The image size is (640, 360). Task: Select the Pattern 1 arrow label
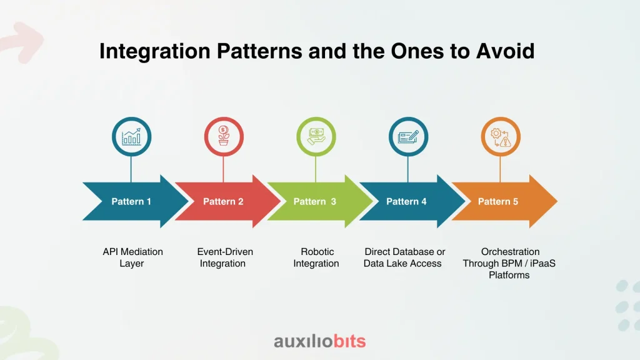[x=131, y=201]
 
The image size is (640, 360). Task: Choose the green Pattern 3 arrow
[x=315, y=201]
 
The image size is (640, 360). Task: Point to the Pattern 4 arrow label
[x=407, y=201]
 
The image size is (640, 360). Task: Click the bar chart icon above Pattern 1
[x=131, y=137]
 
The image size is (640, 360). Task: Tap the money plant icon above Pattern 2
[x=224, y=137]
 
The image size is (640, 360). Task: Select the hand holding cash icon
[x=316, y=137]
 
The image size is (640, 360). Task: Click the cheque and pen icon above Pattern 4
[x=408, y=137]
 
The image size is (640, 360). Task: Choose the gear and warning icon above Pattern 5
[x=500, y=137]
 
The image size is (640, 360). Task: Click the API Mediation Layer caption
[x=132, y=257]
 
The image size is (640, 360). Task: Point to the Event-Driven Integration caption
[x=224, y=257]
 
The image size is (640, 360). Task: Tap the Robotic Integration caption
[x=316, y=257]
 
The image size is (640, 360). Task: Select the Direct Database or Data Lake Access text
[x=404, y=257]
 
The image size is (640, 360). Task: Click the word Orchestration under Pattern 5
[x=510, y=251]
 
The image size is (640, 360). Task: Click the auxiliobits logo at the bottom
[x=319, y=341]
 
